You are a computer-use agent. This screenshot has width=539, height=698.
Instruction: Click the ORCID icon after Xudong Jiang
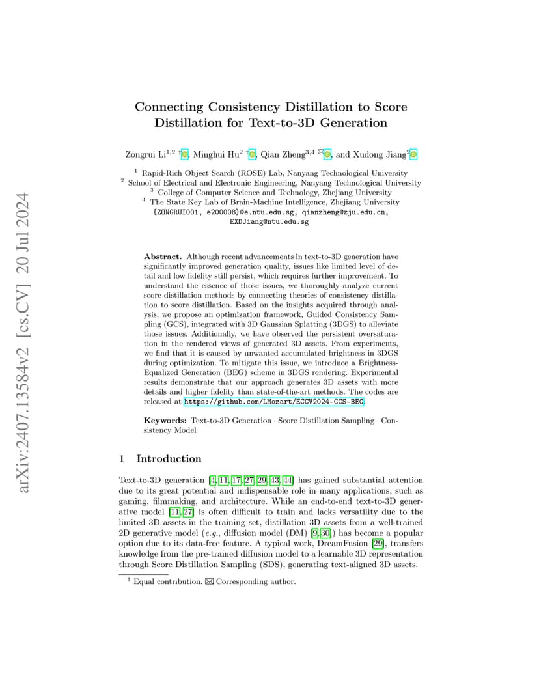413,154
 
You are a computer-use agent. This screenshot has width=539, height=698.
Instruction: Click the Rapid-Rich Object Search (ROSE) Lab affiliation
275,173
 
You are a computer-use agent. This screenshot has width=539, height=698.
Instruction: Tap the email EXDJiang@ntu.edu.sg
269,221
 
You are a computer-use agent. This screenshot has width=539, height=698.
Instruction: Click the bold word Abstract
163,257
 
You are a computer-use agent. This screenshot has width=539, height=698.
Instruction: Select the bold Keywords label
165,421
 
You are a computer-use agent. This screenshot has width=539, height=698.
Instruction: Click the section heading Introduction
169,459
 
